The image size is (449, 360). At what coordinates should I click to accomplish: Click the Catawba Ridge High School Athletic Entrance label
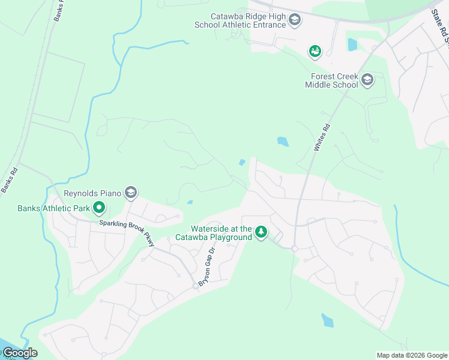tap(240, 21)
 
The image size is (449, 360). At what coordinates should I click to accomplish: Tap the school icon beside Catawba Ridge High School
tap(294, 22)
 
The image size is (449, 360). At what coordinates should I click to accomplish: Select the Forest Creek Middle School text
tap(334, 80)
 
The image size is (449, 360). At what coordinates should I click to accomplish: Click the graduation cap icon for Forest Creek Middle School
tap(367, 80)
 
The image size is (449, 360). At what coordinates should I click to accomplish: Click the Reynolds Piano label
tap(92, 193)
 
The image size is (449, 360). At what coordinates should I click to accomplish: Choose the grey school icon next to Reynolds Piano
tap(131, 193)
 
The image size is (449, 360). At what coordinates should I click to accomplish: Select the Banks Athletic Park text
tap(53, 209)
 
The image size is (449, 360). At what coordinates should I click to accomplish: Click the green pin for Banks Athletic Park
tap(98, 208)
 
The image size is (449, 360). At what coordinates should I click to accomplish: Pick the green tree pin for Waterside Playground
tap(261, 231)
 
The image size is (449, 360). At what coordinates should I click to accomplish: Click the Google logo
tap(20, 353)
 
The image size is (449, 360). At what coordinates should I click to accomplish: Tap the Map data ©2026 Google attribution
tap(412, 355)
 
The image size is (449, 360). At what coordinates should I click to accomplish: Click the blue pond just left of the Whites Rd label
tap(282, 142)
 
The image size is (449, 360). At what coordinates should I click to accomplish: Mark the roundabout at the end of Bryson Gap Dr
tap(195, 286)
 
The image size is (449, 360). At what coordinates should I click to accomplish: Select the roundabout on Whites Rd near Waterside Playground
tap(295, 248)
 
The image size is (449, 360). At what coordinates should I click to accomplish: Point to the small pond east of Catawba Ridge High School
tap(352, 44)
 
